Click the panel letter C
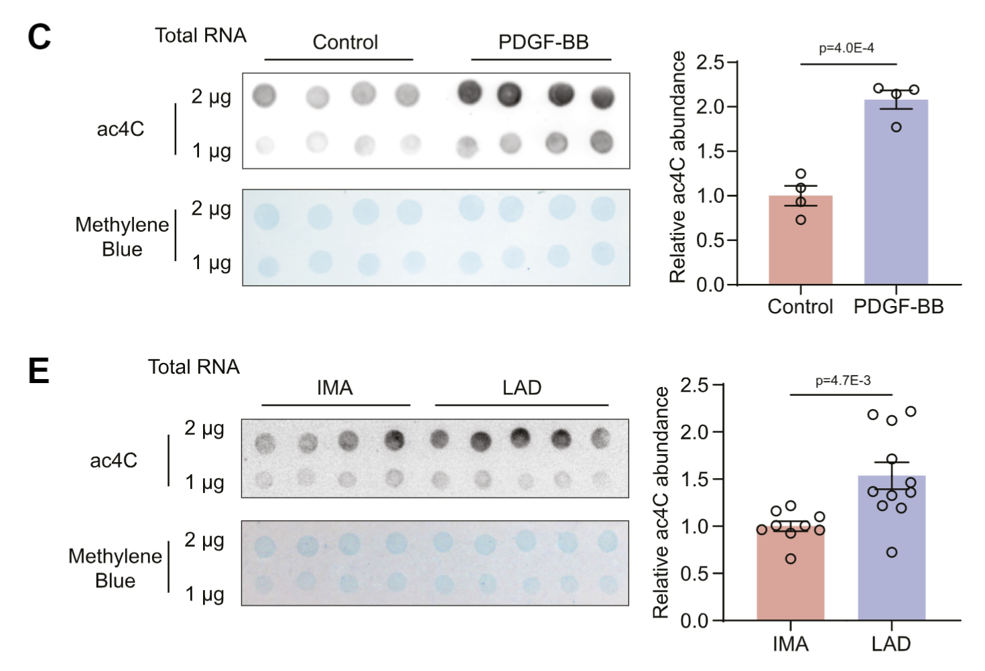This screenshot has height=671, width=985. (x=39, y=37)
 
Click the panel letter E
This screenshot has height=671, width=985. (x=38, y=370)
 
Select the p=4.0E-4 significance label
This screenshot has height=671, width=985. (x=846, y=48)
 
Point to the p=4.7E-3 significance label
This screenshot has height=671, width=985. (x=843, y=381)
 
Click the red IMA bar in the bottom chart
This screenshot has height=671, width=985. (x=790, y=576)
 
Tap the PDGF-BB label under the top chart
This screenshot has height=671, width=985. (x=898, y=307)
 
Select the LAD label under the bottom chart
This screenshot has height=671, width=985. (x=891, y=644)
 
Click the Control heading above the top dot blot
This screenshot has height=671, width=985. (x=345, y=42)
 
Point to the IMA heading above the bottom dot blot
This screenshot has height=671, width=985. (x=334, y=388)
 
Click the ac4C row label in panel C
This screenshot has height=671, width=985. (x=121, y=129)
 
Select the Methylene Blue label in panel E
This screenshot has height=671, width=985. (x=115, y=568)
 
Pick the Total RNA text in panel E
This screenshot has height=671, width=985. (x=194, y=367)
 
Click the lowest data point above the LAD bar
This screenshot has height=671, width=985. (x=892, y=552)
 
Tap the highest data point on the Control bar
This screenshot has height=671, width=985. (x=801, y=174)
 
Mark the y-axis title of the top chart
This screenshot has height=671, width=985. (x=678, y=167)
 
